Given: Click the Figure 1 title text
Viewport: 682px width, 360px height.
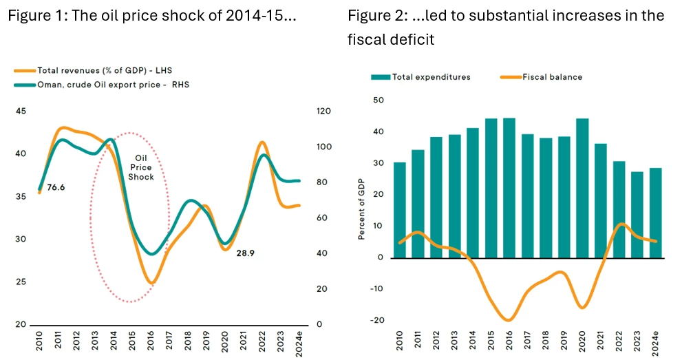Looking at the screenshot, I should click(x=152, y=16).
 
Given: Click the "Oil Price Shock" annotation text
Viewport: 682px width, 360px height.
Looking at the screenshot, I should click(x=140, y=167).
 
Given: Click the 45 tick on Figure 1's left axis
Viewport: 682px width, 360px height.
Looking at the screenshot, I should click(x=21, y=112).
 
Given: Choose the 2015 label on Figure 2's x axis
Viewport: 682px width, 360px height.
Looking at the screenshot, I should click(x=491, y=341).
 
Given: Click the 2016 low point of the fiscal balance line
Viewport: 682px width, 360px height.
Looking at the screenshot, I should click(x=509, y=320).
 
